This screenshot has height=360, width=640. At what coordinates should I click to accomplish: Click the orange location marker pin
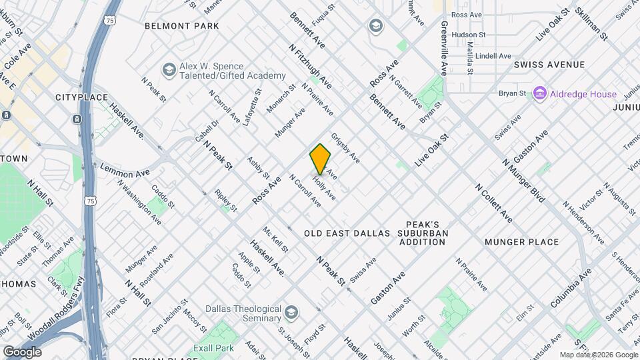click(320, 159)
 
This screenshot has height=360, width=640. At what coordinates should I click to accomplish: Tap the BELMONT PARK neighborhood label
click(182, 26)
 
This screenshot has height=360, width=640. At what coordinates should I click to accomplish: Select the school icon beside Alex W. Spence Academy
click(169, 69)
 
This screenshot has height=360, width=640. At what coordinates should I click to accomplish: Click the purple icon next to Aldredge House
click(539, 94)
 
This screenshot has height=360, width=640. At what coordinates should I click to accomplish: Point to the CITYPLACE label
click(81, 97)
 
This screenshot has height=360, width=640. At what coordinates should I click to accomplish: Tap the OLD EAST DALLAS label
click(347, 233)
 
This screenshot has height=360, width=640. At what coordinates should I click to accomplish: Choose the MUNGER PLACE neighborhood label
click(521, 241)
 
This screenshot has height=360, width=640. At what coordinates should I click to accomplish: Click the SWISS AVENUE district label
click(549, 65)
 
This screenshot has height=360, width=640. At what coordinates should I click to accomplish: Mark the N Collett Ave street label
click(493, 203)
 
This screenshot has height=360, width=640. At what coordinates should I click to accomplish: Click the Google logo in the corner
click(22, 351)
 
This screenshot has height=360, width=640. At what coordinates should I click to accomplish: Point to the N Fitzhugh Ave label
click(310, 66)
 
